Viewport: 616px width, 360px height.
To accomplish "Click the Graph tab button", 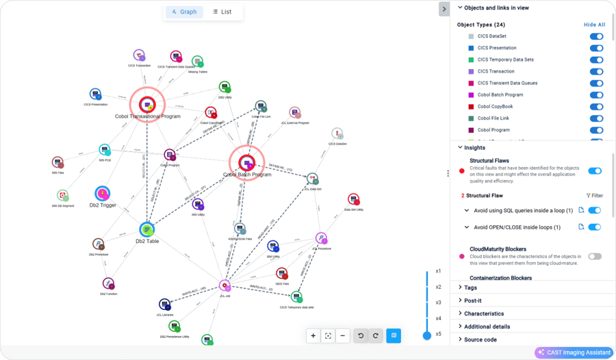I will pos(184,12).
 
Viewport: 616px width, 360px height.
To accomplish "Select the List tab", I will pos(222,12).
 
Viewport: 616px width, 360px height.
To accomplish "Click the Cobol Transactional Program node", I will pos(147,104).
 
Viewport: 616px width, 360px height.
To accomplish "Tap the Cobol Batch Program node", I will pos(246,162).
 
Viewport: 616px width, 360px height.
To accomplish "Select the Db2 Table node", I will pos(147,229).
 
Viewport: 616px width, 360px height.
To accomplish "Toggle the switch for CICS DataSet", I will pos(595,36).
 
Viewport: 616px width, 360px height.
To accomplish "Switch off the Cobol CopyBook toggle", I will pos(595,107).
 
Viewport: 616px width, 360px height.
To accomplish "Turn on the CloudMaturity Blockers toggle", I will pos(595,256).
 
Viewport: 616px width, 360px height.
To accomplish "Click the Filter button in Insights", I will pos(594,196).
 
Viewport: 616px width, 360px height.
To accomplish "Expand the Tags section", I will pos(471,287).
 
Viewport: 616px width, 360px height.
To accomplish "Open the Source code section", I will pos(480,339).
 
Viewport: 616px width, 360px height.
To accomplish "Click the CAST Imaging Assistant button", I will pos(574,352).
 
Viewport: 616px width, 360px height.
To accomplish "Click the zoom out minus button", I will pos(343,335).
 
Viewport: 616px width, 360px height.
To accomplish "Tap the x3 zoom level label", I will pos(438,303).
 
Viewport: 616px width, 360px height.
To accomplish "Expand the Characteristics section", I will pos(484,313).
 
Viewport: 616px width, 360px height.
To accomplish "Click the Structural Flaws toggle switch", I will pos(595,171).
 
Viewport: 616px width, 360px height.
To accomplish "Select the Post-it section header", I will pos(473,300).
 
